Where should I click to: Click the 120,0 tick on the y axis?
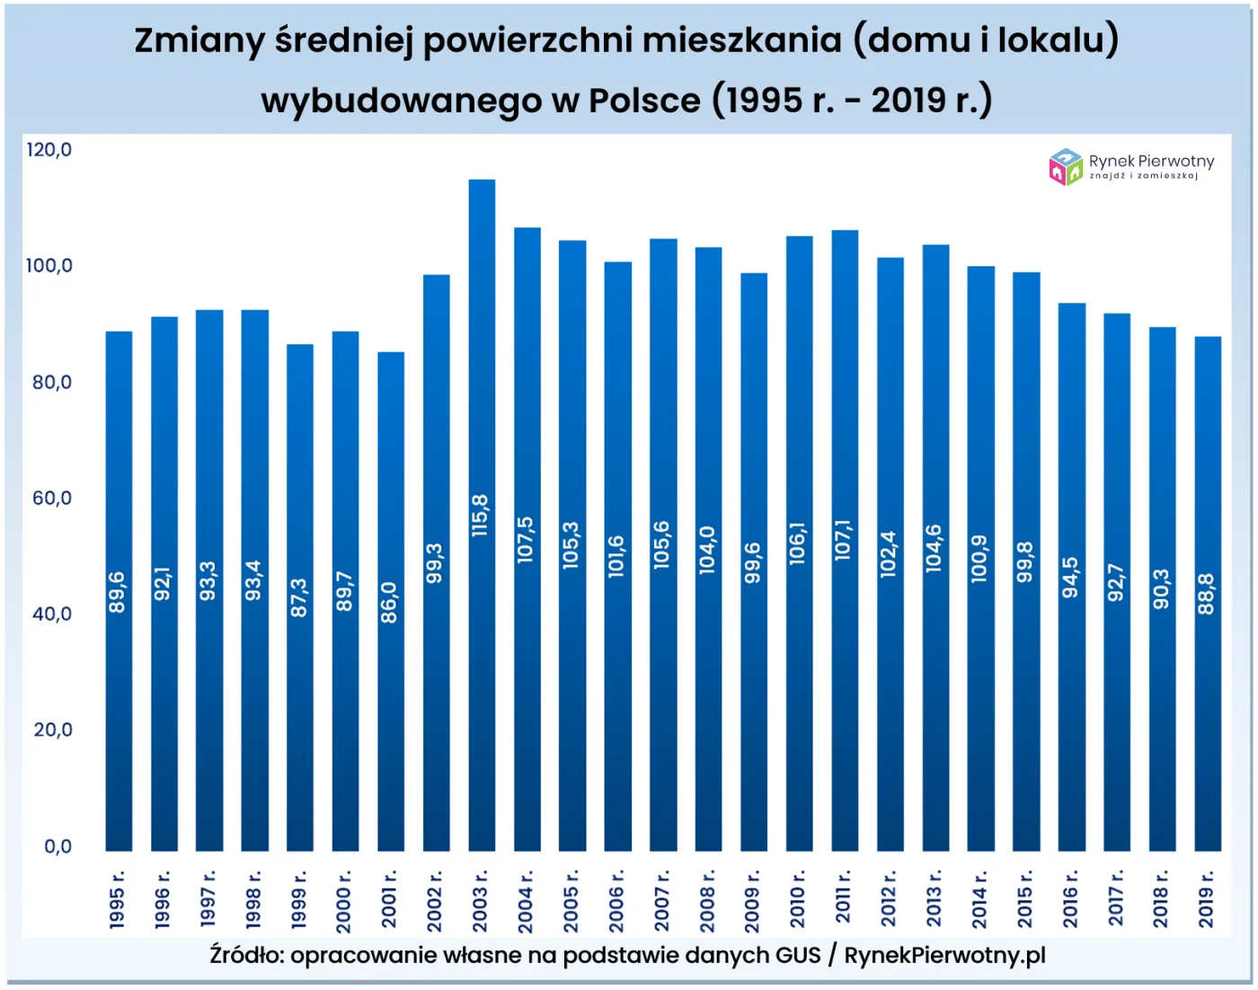pos(49,150)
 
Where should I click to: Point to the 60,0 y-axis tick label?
pos(52,499)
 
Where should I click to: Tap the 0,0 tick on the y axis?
pos(58,846)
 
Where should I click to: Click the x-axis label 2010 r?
pos(798,898)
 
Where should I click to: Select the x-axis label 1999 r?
pos(299,898)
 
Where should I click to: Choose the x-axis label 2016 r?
pos(1070,898)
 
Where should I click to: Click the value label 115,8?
pos(481,516)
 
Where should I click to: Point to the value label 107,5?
pos(526,540)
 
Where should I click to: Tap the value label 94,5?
pos(1070,577)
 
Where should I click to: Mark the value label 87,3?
pos(299,597)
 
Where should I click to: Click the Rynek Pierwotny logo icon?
pos(1066,167)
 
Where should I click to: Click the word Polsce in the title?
pos(644,101)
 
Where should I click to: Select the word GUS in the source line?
pos(798,956)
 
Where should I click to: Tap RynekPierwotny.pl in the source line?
pos(944,956)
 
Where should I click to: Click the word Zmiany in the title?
pos(199,40)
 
